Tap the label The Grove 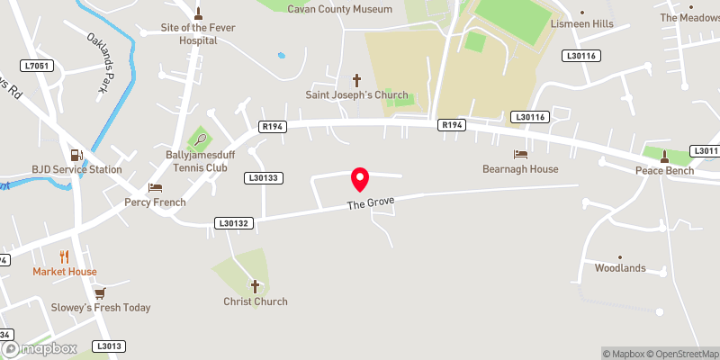point(372,204)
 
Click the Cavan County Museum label point(339,9)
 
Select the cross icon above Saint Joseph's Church point(355,80)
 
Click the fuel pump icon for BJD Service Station point(76,155)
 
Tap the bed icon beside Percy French point(156,188)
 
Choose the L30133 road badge point(264,178)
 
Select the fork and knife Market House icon point(64,257)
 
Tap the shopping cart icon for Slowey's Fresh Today point(100,293)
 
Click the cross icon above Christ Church point(255,287)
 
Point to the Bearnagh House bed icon point(520,155)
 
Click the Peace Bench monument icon point(664,155)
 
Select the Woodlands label point(620,268)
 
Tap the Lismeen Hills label point(581,24)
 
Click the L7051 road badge point(39,66)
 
